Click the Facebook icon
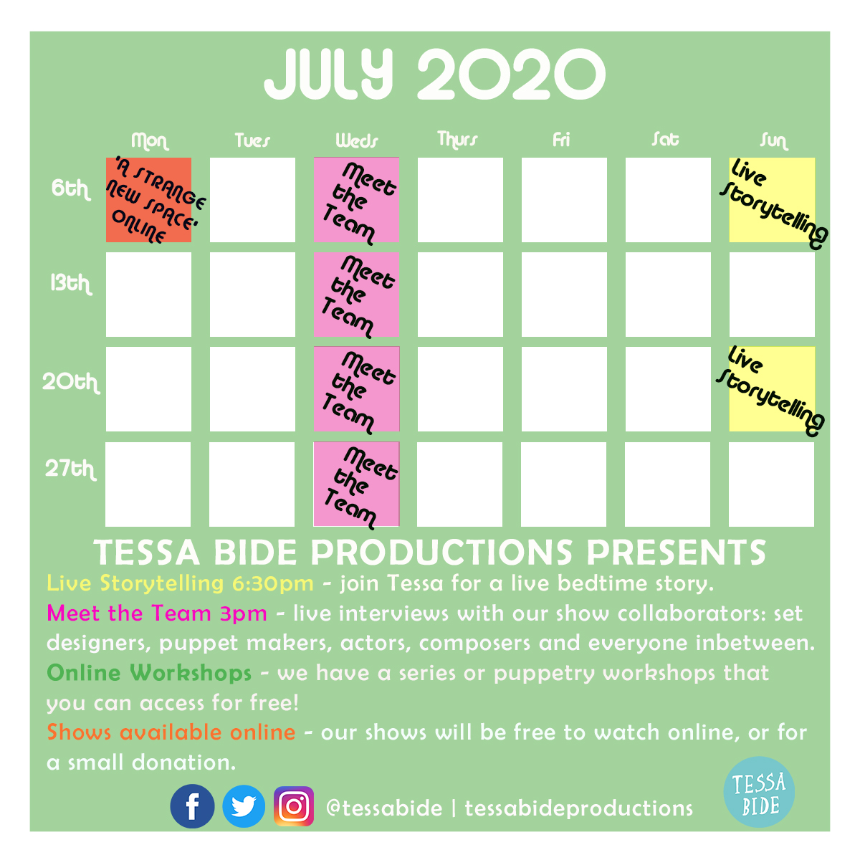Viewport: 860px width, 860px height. pos(192,806)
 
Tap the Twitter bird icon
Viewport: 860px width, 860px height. pos(244,806)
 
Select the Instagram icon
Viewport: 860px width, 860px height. pos(294,806)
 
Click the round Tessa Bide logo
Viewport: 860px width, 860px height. pos(759,792)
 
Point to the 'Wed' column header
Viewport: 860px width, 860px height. pos(357,140)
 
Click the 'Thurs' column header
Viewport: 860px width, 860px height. pos(457,140)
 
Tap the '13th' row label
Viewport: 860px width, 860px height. pos(71,283)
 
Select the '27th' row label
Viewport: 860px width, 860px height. pos(70,469)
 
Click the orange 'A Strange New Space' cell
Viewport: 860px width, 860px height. pos(148,199)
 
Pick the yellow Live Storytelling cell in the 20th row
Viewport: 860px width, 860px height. pos(772,388)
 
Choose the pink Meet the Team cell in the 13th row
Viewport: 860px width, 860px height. pos(356,294)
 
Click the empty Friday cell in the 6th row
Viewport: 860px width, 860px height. pos(564,199)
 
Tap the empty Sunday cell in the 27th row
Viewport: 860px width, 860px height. pos(771,484)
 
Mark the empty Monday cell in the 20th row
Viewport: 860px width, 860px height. pos(148,388)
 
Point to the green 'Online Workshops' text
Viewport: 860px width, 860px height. pos(149,673)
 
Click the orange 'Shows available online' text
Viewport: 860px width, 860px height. pos(171,732)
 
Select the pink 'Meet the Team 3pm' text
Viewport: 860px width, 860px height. pos(157,613)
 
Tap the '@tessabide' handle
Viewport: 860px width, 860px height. pos(384,808)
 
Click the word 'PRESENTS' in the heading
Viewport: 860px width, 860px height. pos(676,553)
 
